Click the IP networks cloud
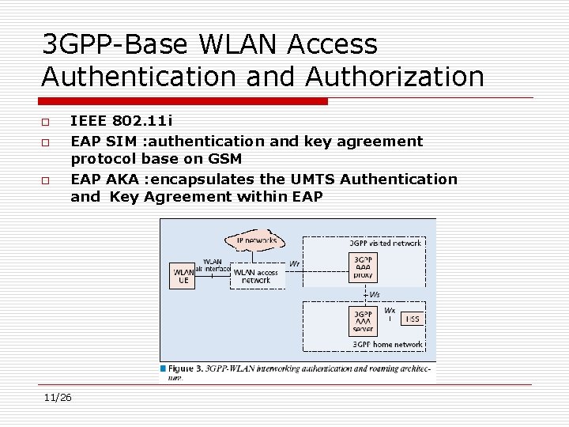coord(256,240)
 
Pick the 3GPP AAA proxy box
coord(364,268)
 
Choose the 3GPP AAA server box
coord(364,321)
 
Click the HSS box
coord(412,319)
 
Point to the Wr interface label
coord(294,263)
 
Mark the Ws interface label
coord(375,294)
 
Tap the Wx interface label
coord(390,311)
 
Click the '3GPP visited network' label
coord(386,244)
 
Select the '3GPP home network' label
coord(388,345)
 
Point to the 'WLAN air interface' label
coord(212,265)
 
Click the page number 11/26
coord(58,397)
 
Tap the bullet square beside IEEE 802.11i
coord(47,122)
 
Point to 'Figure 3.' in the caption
coord(185,368)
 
